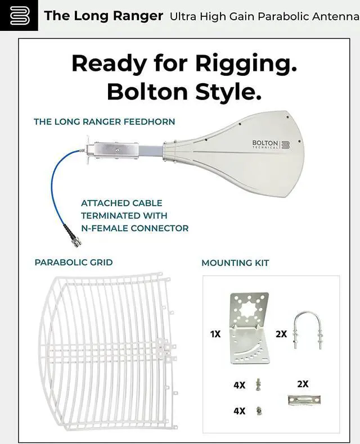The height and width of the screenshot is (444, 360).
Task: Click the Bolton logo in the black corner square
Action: pos(19,15)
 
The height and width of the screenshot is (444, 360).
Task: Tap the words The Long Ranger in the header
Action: pos(103,15)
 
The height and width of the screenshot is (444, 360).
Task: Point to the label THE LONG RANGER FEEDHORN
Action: pos(104,121)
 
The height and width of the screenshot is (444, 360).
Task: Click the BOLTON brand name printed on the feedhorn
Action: pos(265,143)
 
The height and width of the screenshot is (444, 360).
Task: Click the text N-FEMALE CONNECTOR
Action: pos(135,228)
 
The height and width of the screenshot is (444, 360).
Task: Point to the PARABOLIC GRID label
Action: pos(74,262)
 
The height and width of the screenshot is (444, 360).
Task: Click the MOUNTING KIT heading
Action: pos(235,263)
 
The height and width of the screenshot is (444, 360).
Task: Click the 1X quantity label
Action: pos(215,334)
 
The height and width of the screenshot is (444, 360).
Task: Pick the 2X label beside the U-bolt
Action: pos(281,334)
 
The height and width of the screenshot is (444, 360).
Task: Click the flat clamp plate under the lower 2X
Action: pos(303,400)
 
